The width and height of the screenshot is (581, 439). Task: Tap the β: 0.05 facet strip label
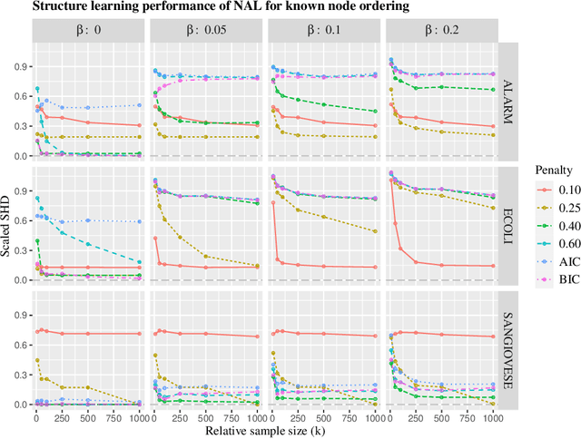(206, 30)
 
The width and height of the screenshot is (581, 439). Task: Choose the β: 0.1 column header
(324, 30)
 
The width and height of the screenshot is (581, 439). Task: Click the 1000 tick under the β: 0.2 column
(491, 417)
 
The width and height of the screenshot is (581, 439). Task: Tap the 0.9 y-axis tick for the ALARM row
(20, 67)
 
